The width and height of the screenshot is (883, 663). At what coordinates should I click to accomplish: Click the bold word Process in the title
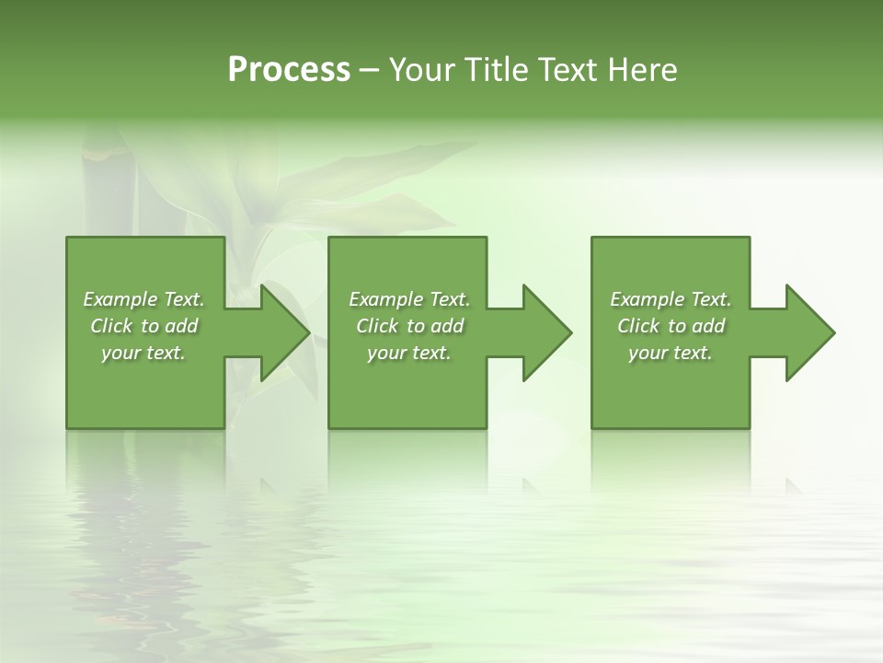tap(289, 70)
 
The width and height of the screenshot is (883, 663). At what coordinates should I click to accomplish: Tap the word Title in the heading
tap(495, 70)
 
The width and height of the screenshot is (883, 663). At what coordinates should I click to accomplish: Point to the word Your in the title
tap(423, 70)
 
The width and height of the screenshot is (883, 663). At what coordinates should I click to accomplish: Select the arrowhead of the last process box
tap(808, 332)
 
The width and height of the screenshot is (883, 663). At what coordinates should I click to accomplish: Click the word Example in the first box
tap(120, 299)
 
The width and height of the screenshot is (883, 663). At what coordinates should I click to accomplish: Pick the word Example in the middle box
tap(385, 299)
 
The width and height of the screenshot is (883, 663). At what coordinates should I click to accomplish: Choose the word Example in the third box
tap(647, 299)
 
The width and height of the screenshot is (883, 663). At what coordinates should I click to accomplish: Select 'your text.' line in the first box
tap(143, 353)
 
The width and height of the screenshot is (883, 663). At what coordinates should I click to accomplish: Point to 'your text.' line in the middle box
tap(409, 353)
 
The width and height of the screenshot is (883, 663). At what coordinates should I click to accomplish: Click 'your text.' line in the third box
tap(671, 353)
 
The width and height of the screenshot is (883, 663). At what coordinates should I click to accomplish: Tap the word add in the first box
tap(182, 326)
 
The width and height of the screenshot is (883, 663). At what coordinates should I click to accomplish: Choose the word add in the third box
tap(709, 326)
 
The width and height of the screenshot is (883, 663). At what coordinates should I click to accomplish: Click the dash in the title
tap(370, 70)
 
